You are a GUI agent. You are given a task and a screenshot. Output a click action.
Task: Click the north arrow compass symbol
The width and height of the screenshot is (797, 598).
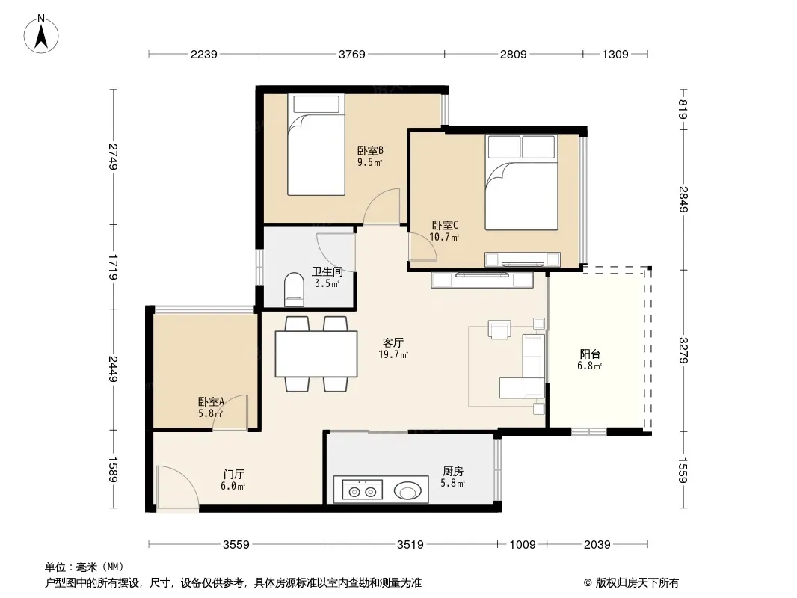(x=41, y=34)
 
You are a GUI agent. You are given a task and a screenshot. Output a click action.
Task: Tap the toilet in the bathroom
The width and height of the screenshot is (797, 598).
(x=294, y=290)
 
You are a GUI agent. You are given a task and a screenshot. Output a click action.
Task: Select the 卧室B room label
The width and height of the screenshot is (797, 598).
(x=370, y=150)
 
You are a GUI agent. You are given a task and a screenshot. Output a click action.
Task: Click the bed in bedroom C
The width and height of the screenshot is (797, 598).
(x=522, y=182)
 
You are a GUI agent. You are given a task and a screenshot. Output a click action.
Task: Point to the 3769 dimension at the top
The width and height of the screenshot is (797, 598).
(x=351, y=54)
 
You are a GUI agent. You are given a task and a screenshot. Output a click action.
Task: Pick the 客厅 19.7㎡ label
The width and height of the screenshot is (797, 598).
(x=393, y=348)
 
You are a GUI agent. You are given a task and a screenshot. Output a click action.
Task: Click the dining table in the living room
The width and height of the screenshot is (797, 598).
(x=316, y=354)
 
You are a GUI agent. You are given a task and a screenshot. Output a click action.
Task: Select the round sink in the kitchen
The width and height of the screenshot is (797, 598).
(x=407, y=491)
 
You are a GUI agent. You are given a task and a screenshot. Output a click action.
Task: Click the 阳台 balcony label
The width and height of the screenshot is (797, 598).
(x=590, y=354)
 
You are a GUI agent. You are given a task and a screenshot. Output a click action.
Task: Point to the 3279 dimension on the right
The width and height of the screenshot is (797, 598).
(x=683, y=351)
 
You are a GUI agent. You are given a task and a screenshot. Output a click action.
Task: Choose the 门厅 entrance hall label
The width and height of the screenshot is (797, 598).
(x=233, y=475)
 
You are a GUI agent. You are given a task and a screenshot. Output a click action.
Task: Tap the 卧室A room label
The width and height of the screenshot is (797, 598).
(x=211, y=402)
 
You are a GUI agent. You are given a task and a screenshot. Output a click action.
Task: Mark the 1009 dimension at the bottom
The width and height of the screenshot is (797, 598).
(x=523, y=545)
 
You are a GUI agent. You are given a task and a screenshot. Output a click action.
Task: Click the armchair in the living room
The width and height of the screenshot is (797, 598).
(x=499, y=329)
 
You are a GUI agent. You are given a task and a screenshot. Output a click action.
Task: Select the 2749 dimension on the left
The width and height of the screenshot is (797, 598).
(x=114, y=158)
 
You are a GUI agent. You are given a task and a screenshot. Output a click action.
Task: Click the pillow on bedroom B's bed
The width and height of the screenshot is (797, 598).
(x=316, y=104)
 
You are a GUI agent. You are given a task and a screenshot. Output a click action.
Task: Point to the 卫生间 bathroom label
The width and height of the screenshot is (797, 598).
(x=327, y=271)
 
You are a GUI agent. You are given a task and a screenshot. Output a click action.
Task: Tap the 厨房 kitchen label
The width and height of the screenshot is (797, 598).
(x=452, y=472)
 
